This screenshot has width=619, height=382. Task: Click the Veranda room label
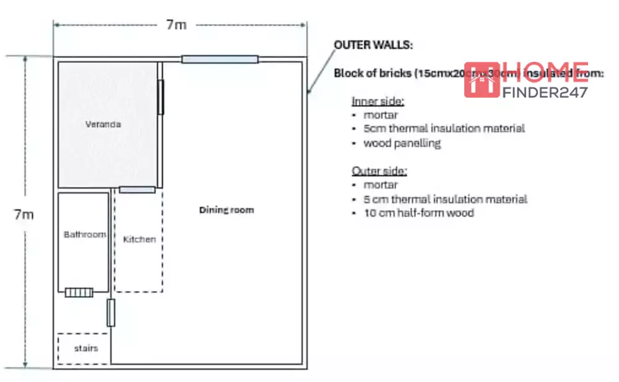103,124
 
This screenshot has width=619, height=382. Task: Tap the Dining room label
226,210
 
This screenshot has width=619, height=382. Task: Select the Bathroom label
85,235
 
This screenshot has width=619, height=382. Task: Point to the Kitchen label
139,239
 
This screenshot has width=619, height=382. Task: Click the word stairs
86,349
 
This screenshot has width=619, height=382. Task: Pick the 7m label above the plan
176,25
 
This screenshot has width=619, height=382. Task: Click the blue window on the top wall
220,59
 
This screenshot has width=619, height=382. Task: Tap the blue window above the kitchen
137,190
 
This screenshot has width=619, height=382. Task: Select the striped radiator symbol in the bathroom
79,292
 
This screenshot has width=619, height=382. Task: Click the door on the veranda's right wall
161,97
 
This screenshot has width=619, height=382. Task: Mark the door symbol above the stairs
111,313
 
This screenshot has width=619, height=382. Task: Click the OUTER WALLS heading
373,45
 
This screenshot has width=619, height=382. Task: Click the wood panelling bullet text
402,143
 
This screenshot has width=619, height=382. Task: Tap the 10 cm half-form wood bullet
419,213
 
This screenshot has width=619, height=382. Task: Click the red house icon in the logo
482,80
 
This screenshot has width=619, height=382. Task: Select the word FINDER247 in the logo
545,93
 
